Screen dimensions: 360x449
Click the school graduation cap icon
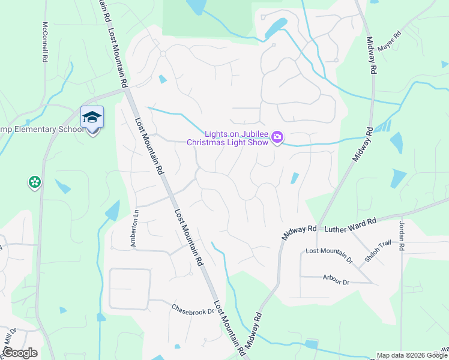point(92,117)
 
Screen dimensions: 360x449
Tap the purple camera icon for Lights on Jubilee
point(277,137)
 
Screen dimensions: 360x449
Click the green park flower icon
point(34,182)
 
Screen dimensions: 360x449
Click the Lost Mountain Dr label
point(328,254)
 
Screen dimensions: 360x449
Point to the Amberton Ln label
point(134,226)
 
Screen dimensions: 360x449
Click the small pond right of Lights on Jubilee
point(294,178)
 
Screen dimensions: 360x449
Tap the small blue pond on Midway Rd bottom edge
point(310,344)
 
